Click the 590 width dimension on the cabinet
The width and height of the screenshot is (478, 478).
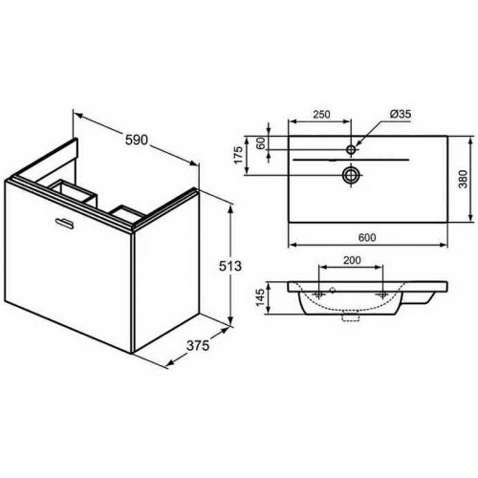click(137, 140)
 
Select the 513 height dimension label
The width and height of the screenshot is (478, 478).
click(230, 266)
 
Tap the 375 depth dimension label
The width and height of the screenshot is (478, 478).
click(198, 345)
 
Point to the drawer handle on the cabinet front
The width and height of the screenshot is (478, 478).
click(64, 224)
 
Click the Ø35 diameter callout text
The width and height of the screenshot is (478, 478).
click(401, 114)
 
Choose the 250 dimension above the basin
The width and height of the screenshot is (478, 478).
click(321, 114)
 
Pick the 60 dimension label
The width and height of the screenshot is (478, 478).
click(261, 143)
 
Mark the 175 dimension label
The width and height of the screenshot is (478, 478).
click(239, 155)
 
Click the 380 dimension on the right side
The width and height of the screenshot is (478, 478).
click(463, 179)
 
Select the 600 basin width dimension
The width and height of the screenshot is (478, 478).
click(367, 238)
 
